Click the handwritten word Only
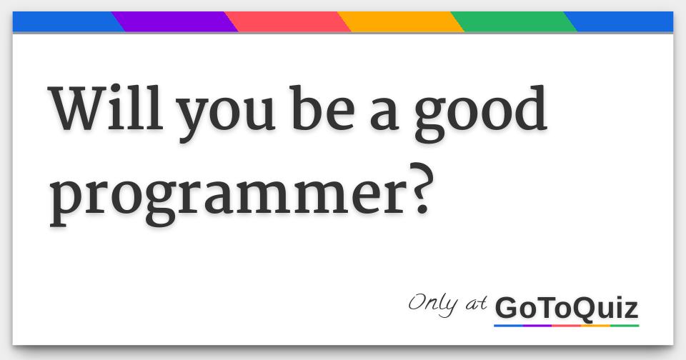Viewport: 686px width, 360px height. pyautogui.click(x=433, y=303)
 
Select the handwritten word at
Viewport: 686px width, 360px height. pyautogui.click(x=475, y=305)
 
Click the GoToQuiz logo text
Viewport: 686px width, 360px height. pyautogui.click(x=566, y=309)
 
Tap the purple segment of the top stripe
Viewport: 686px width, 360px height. pyautogui.click(x=174, y=22)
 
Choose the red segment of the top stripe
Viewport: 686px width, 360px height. pyautogui.click(x=287, y=22)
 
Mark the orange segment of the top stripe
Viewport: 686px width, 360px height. pyautogui.click(x=400, y=22)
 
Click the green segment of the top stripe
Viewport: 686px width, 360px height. pyautogui.click(x=513, y=22)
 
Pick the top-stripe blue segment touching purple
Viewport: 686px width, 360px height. pyautogui.click(x=64, y=22)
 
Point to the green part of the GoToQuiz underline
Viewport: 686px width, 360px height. pyautogui.click(x=625, y=326)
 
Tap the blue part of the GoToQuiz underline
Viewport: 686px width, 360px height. pyautogui.click(x=508, y=326)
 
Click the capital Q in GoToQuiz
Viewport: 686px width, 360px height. pyautogui.click(x=577, y=309)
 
